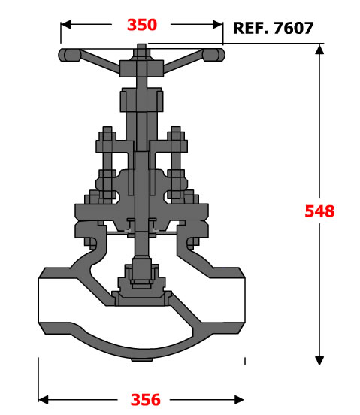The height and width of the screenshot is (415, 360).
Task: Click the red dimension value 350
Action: (142, 25)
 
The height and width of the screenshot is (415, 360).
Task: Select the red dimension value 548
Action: (319, 211)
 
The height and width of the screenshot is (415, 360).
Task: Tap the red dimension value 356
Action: (146, 400)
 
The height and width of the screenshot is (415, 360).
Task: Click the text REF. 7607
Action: (274, 28)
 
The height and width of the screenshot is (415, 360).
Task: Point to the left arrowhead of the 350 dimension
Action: (66, 24)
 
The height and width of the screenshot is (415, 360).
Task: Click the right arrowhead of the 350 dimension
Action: (218, 24)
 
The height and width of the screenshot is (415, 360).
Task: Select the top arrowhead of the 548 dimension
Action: (319, 49)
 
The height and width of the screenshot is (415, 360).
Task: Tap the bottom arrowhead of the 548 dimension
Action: (319, 360)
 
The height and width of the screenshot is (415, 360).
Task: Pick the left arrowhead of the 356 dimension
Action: (44, 400)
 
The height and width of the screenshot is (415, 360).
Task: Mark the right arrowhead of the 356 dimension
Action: (238, 400)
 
